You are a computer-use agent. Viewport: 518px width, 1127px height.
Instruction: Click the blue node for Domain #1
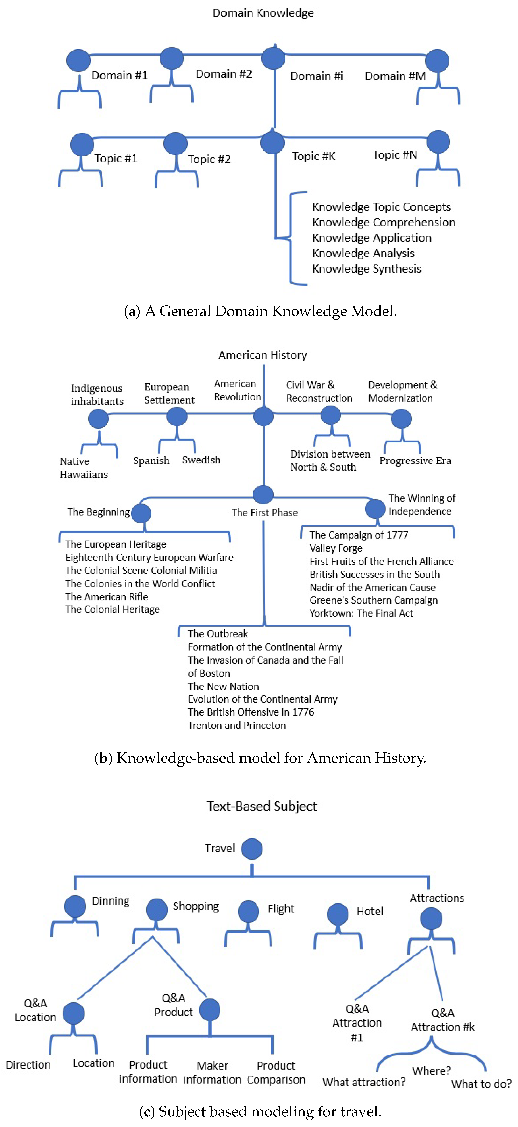point(78,60)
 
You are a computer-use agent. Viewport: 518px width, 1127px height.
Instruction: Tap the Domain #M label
point(395,76)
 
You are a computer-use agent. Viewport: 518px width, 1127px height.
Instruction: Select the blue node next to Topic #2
point(176,144)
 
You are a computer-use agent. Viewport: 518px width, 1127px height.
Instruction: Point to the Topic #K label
point(313,156)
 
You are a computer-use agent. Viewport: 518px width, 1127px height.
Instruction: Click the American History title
point(262,355)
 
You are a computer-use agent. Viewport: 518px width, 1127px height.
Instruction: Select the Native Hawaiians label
point(84,468)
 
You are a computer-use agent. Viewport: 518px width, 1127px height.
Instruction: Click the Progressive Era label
point(415,461)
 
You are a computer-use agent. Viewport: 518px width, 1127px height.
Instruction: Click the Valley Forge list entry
point(336,548)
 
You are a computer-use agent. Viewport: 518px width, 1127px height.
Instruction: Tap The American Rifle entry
point(106,597)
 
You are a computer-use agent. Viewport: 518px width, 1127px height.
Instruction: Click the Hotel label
point(370,911)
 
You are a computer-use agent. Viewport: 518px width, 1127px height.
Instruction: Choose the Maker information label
point(212,1072)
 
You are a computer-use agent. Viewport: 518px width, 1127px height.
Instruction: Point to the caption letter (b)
point(103,758)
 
